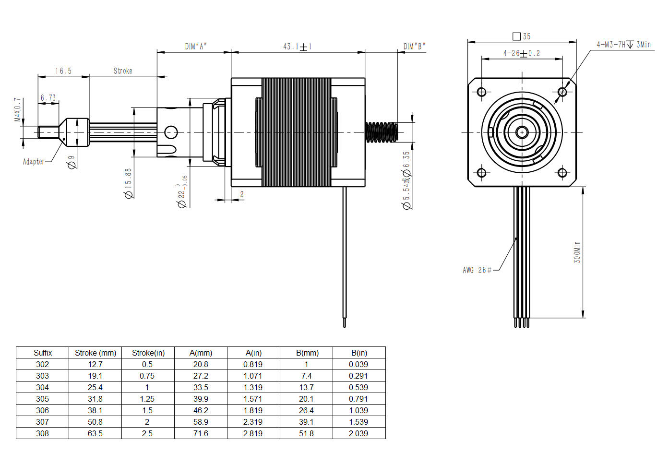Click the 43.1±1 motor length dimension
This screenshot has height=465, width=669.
coord(297,47)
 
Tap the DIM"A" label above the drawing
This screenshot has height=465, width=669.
coord(196,47)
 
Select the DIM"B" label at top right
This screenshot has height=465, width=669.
coord(414,47)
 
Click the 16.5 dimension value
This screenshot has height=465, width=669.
coord(63,71)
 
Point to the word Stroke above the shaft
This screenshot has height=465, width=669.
coord(123,71)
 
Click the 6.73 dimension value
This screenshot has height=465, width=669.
coord(48,98)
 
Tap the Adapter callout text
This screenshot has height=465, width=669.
coord(34,162)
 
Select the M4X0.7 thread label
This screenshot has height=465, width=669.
coord(18,110)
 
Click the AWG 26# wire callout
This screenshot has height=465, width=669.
coord(477,270)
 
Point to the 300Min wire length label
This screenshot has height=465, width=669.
coord(577,252)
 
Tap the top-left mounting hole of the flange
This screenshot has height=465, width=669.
coord(482,92)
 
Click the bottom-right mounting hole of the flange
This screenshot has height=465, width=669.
coord(562,173)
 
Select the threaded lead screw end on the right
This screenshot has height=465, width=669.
coord(382,132)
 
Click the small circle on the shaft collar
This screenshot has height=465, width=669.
coord(171,132)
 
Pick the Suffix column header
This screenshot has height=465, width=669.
coord(43,353)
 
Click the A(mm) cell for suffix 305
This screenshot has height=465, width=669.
coord(201,399)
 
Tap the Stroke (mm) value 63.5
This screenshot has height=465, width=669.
coord(95,433)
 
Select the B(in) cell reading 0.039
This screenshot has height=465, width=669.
coord(358,364)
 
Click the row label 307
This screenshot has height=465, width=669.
coord(42,422)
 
